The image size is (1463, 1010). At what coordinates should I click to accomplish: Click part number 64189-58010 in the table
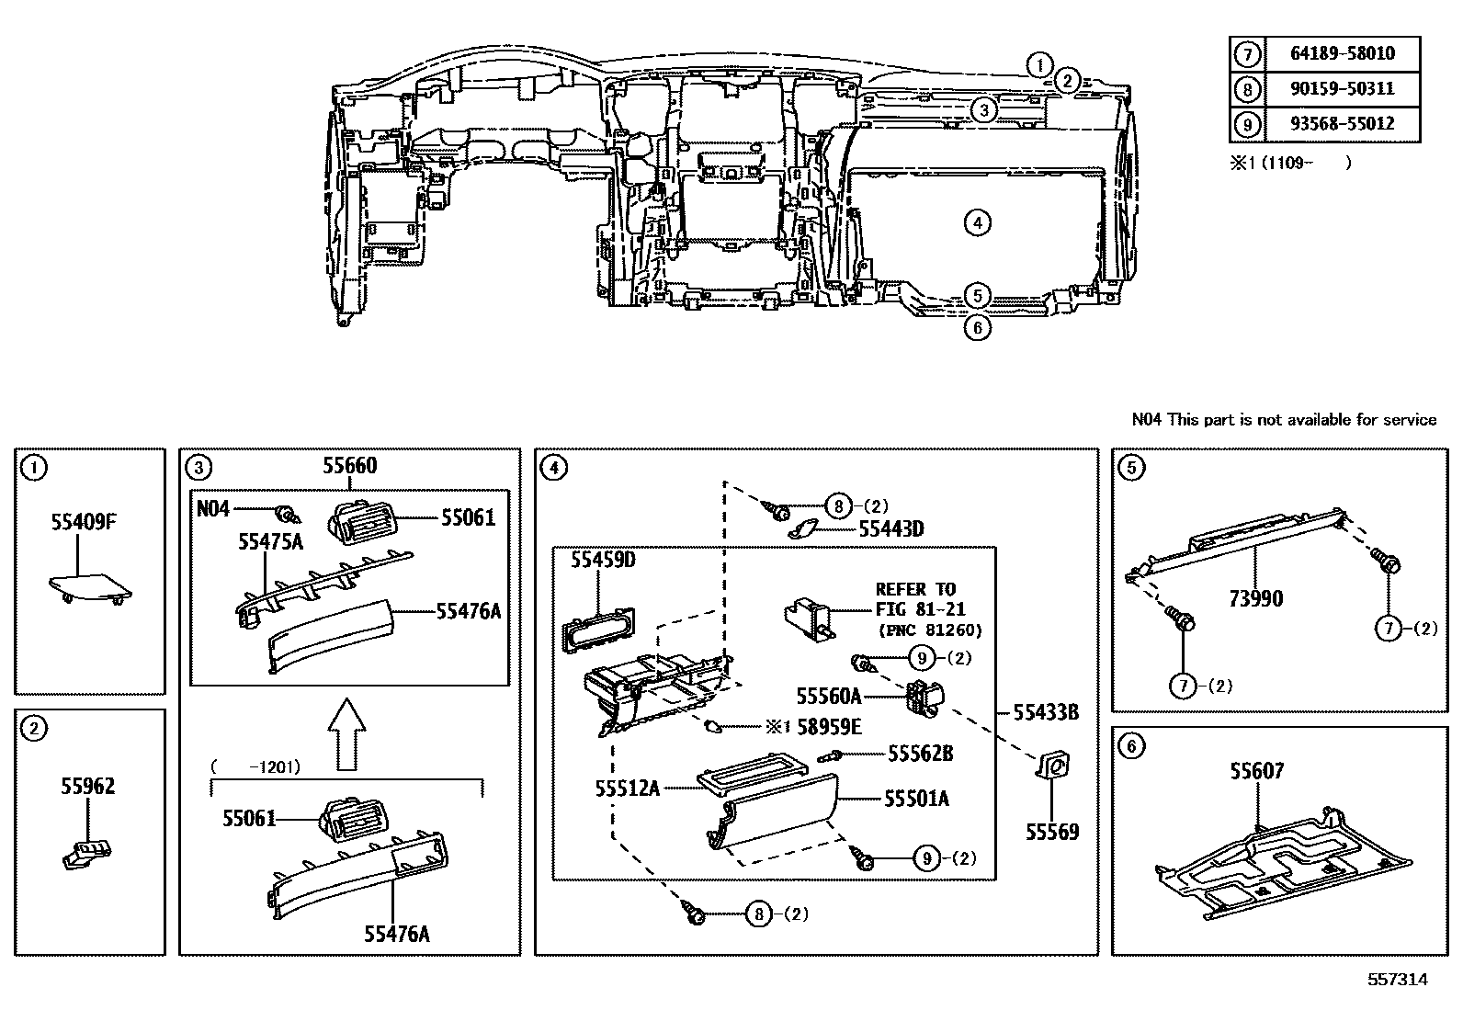(1343, 53)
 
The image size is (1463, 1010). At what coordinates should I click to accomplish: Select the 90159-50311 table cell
(1343, 88)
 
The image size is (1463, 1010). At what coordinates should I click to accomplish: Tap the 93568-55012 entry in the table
(1343, 123)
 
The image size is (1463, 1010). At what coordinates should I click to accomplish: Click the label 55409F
(84, 522)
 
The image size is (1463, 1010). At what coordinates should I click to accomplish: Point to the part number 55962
(88, 786)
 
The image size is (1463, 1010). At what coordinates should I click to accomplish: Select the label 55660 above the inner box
(350, 466)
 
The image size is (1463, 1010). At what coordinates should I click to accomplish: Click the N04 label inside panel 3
(213, 508)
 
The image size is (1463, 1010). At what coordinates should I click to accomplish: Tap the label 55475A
(270, 541)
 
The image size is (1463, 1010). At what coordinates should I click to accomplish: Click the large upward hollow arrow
(346, 733)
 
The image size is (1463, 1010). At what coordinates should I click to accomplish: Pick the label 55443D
(890, 528)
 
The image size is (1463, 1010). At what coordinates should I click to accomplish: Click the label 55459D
(603, 560)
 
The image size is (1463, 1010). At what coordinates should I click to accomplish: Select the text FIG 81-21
(920, 609)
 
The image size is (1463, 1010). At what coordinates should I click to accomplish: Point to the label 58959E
(829, 726)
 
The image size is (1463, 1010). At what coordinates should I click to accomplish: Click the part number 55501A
(916, 799)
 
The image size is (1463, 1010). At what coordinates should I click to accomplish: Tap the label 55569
(1052, 832)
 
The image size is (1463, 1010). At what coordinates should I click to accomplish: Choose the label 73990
(1256, 598)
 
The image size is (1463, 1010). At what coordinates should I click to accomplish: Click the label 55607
(1257, 771)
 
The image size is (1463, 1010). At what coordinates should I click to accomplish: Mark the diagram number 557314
(1398, 979)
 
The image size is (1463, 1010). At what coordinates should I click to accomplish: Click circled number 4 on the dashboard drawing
(977, 222)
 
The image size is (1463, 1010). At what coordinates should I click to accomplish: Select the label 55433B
(1046, 712)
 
